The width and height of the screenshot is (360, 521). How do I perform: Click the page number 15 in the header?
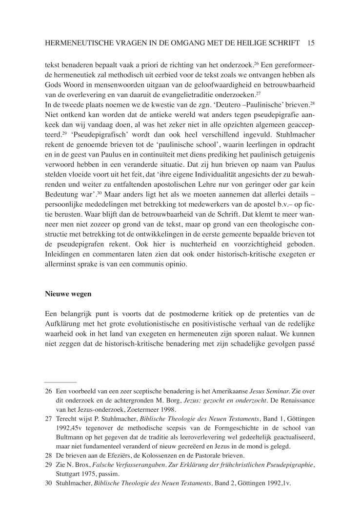tap(311, 43)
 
